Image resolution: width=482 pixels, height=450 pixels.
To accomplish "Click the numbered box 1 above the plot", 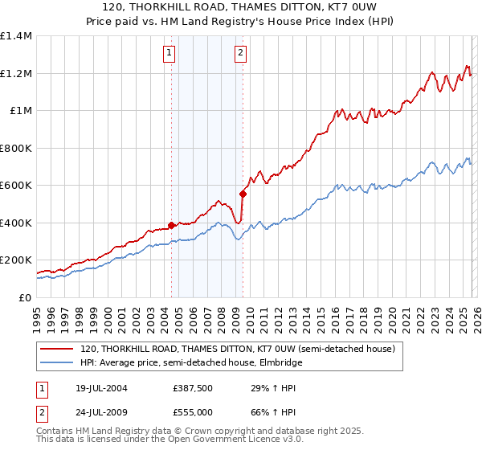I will click(170, 54).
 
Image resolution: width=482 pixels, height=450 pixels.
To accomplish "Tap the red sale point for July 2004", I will click(171, 226).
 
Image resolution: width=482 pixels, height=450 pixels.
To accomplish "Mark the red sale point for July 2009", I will click(243, 194).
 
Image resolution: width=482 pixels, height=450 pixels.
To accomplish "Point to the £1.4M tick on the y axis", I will click(16, 36).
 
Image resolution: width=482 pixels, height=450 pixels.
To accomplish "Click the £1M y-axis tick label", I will click(20, 111).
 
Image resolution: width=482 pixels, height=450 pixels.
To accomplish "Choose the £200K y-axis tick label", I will click(16, 260).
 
